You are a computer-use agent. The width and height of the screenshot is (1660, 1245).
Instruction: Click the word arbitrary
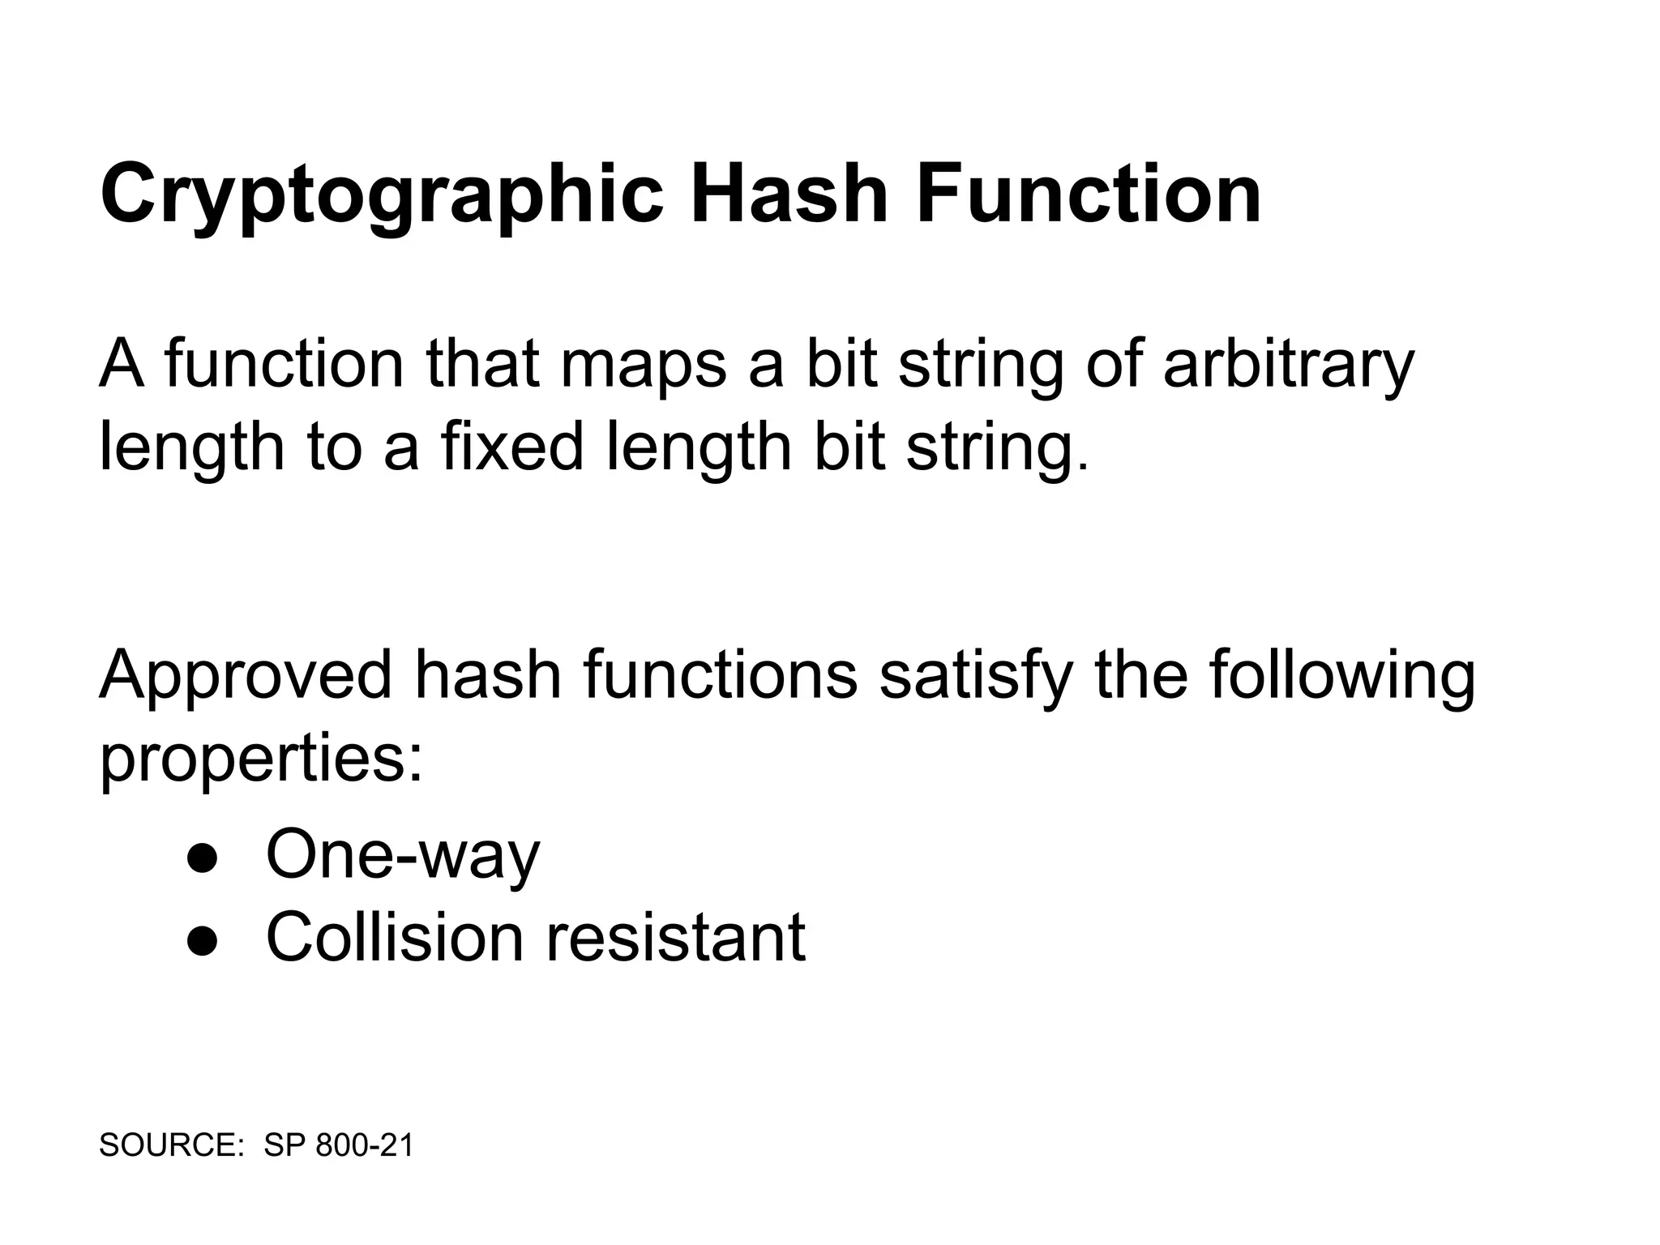pyautogui.click(x=1288, y=364)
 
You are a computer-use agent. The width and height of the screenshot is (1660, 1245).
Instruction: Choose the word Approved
pyautogui.click(x=246, y=675)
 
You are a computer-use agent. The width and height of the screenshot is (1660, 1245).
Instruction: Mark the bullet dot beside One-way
pyautogui.click(x=202, y=858)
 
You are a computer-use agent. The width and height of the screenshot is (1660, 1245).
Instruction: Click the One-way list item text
pyautogui.click(x=403, y=855)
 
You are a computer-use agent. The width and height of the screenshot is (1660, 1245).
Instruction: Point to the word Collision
pyautogui.click(x=395, y=938)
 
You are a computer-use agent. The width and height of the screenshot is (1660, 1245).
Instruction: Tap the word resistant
pyautogui.click(x=675, y=938)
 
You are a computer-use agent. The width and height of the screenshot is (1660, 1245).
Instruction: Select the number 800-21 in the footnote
pyautogui.click(x=364, y=1145)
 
